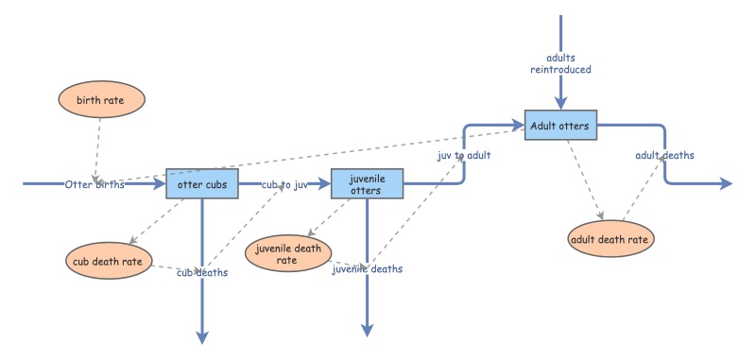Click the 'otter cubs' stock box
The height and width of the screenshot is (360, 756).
tap(201, 184)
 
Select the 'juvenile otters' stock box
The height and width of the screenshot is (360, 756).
tap(367, 184)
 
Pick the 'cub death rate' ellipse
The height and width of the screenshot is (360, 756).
tap(109, 261)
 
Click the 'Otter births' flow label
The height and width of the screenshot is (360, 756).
tap(94, 184)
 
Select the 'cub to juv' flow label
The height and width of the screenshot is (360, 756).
tap(284, 184)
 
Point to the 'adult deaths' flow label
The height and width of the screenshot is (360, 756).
tap(664, 155)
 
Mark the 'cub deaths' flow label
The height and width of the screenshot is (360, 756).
tap(202, 272)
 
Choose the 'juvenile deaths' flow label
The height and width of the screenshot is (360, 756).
tap(367, 268)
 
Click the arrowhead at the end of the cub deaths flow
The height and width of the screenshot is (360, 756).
tap(202, 334)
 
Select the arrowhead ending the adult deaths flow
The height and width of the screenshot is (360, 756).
tap(725, 184)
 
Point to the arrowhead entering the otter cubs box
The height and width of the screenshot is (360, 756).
tap(160, 184)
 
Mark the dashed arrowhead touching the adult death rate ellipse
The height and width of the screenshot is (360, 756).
tap(600, 218)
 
